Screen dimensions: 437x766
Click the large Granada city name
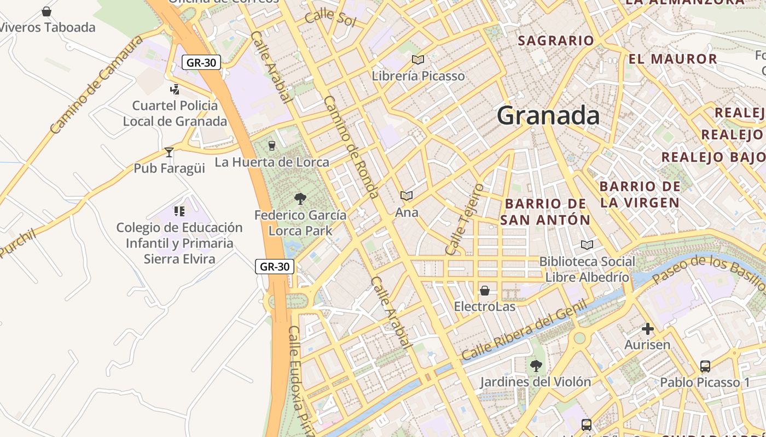point(548,116)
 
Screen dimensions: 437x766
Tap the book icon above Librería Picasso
point(418,60)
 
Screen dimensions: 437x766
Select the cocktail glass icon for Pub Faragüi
point(169,152)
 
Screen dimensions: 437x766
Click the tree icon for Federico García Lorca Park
point(300,199)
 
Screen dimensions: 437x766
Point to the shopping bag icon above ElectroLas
point(484,291)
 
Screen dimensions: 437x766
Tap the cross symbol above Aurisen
point(648,329)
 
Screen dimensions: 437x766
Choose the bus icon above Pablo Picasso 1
point(705,366)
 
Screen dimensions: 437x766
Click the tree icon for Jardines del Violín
point(536,366)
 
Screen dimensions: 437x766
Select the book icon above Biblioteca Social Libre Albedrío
point(587,245)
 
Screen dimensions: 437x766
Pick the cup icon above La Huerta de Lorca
point(271,145)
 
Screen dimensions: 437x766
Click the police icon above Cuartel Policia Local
point(175,89)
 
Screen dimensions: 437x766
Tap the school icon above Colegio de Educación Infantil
point(179,211)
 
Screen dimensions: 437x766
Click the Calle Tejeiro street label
point(465,219)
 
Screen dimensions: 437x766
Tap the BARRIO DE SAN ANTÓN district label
point(545,212)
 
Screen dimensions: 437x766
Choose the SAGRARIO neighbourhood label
point(555,40)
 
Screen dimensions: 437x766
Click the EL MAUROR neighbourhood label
point(672,59)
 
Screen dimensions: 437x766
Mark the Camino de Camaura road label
point(96,85)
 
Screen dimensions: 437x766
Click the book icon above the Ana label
point(406,196)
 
